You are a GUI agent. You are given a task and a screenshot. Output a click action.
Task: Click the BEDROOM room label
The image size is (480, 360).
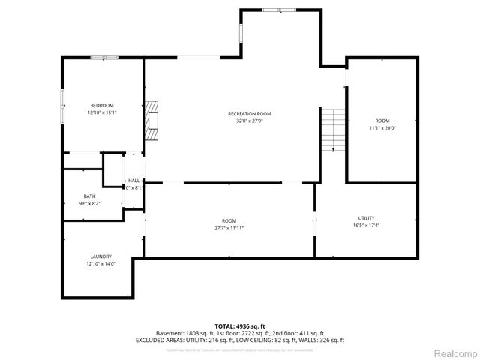[102, 105]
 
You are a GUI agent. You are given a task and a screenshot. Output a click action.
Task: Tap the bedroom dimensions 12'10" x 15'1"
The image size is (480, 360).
[102, 112]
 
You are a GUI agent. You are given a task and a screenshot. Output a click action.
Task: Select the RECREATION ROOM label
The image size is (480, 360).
[250, 113]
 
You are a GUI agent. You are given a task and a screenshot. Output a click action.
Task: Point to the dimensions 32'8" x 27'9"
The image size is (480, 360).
[250, 121]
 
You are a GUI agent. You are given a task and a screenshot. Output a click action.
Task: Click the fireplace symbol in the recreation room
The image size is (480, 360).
[153, 121]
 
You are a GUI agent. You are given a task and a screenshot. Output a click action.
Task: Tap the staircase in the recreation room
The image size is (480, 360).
[334, 129]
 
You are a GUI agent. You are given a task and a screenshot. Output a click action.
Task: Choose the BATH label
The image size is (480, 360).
[90, 196]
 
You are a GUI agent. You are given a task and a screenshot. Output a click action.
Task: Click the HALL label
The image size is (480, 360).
[133, 181]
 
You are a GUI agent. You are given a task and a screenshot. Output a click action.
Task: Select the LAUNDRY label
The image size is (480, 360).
[101, 256]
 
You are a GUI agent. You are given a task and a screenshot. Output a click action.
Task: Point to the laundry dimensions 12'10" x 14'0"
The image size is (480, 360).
[101, 264]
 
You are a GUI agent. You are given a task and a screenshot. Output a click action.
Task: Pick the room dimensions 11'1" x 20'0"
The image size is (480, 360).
[382, 128]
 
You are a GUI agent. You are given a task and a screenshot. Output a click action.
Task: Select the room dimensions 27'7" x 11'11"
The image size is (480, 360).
[229, 228]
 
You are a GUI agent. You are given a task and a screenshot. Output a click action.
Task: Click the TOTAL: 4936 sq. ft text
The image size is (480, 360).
[239, 325]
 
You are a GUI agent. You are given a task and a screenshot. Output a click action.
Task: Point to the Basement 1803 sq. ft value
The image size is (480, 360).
[184, 332]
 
